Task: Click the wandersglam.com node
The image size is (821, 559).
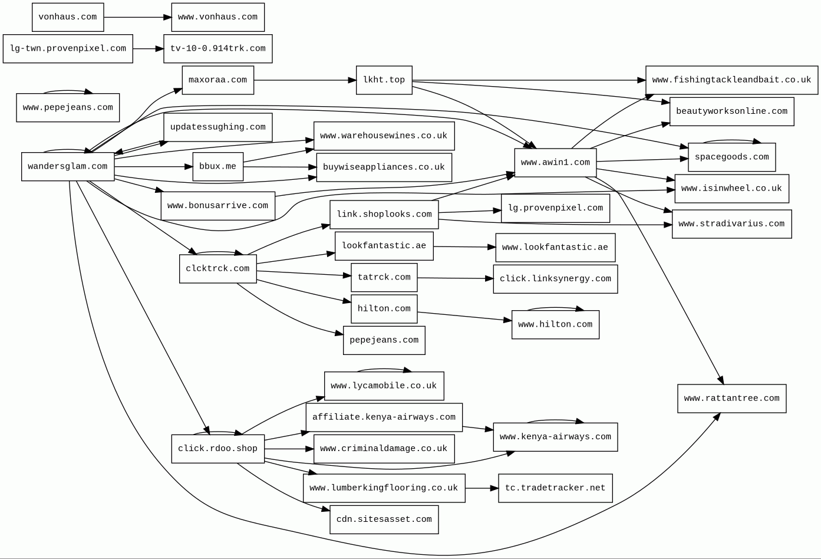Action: [68, 167]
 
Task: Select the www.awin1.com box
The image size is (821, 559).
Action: [555, 163]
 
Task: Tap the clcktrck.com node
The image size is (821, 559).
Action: [217, 269]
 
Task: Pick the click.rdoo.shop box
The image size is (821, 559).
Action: [217, 449]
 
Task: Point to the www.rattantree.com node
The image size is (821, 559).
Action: [731, 399]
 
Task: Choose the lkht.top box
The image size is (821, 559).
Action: [384, 80]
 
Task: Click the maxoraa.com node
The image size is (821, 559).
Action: [217, 80]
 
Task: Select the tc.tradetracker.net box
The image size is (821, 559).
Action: [555, 488]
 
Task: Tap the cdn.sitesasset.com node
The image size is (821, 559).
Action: [384, 519]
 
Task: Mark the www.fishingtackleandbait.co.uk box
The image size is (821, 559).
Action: [731, 80]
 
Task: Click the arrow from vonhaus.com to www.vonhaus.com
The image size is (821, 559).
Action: [137, 17]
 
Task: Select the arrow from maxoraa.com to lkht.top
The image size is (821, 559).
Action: [305, 80]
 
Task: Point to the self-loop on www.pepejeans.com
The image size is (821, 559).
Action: [68, 91]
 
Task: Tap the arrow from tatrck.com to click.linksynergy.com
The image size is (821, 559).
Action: [455, 278]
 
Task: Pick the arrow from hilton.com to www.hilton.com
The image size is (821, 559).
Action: [464, 317]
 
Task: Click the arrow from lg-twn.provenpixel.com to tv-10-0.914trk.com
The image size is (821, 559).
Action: [148, 48]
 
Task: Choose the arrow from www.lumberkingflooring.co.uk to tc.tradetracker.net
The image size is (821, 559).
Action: [482, 488]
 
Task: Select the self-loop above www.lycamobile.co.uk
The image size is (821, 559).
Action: [384, 370]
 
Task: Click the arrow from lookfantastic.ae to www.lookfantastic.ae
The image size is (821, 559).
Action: [464, 247]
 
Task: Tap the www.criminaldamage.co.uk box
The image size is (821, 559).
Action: [384, 449]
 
